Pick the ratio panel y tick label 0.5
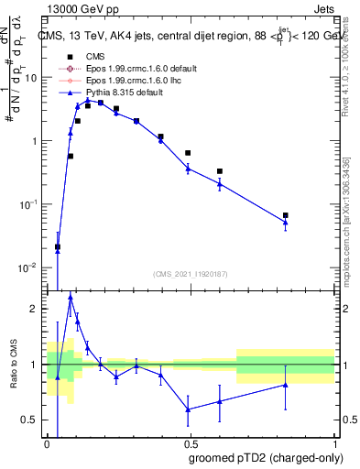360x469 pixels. click(x=33, y=420)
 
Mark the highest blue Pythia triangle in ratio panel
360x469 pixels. click(x=71, y=297)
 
